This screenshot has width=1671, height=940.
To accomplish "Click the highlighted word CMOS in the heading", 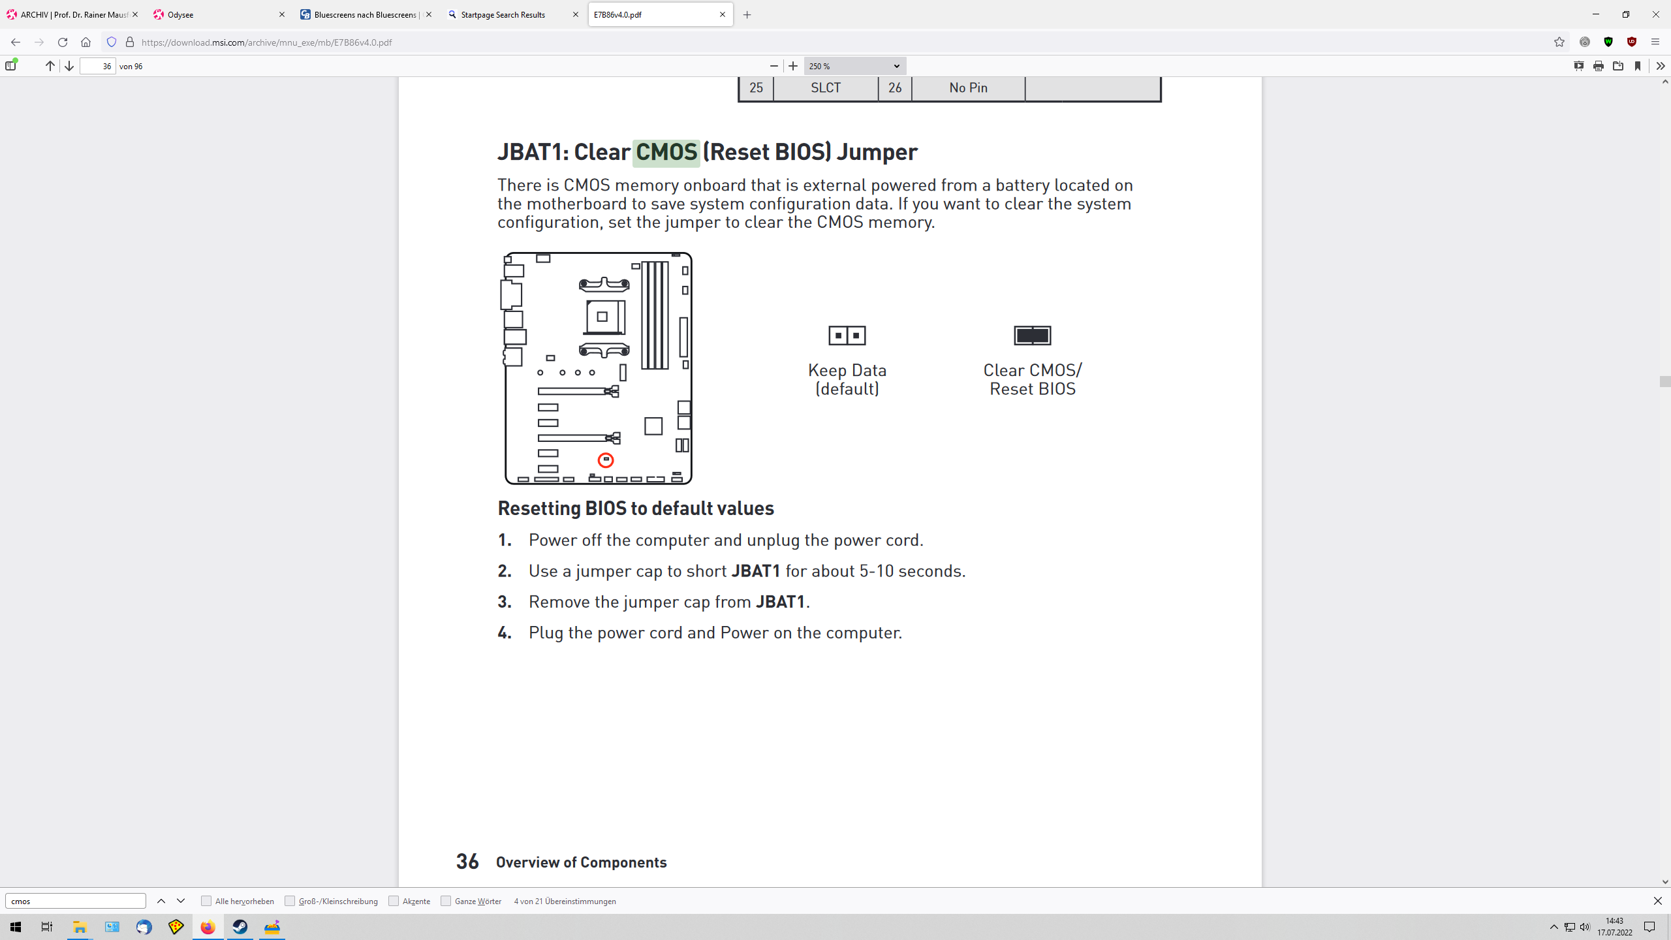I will pos(666,152).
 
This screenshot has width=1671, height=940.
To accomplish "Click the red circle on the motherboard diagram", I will pos(606,460).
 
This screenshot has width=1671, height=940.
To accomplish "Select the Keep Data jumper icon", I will pos(847,336).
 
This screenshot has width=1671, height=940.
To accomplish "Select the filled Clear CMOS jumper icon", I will pos(1032,336).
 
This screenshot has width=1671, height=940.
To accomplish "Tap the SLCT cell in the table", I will pos(826,88).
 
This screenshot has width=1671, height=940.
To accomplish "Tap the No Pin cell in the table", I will pos(968,88).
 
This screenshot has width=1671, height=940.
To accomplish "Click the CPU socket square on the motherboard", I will pos(602,317).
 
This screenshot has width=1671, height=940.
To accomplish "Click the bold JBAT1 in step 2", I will pos(756,571).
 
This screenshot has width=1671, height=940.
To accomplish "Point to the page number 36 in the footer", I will pos(467,862).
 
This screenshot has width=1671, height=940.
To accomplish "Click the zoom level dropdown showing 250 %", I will pos(854,66).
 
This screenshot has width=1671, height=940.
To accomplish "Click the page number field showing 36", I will pos(98,66).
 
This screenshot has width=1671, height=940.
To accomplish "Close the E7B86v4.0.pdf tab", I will pos(723,14).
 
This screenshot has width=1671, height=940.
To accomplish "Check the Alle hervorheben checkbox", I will pos(206,901).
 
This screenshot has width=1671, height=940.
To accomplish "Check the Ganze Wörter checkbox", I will pos(446,901).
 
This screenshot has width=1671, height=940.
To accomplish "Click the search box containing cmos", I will pos(75,901).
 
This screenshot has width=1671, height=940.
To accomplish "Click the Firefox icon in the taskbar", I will pos(208,927).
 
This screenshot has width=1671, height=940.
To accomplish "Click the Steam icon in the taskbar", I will pos(240,927).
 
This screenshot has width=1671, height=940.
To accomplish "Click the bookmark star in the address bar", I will pos(1559,42).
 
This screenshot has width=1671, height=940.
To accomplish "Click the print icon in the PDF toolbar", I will pos(1599,66).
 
